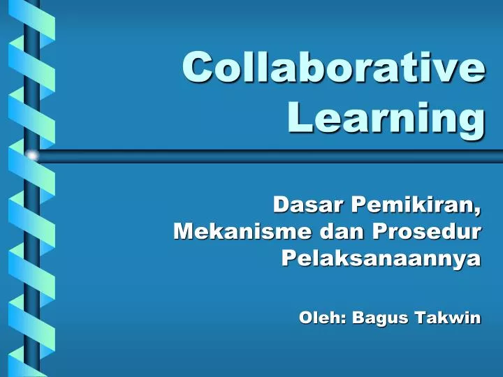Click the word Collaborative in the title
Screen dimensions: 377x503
point(333,68)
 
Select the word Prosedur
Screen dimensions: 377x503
point(426,230)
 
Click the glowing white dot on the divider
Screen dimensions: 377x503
point(31,155)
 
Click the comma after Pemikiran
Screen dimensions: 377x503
point(479,210)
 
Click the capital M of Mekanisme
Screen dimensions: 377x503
point(183,230)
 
